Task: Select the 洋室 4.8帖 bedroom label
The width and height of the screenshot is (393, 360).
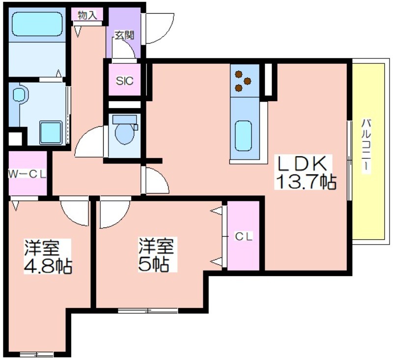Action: pyautogui.click(x=48, y=256)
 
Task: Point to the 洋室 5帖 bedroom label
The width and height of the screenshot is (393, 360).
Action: pyautogui.click(x=157, y=255)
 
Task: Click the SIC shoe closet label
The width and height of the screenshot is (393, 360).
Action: pyautogui.click(x=125, y=81)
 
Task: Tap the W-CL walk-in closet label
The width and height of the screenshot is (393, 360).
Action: pyautogui.click(x=28, y=174)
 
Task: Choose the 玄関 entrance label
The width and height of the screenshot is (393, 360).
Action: pyautogui.click(x=124, y=35)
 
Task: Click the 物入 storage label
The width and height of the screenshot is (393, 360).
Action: pyautogui.click(x=87, y=15)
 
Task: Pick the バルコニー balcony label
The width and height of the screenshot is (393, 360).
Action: pyautogui.click(x=366, y=145)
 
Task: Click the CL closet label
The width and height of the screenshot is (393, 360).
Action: pyautogui.click(x=244, y=236)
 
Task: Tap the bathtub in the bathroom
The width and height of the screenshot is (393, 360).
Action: pyautogui.click(x=37, y=24)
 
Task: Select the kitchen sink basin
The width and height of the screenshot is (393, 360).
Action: pyautogui.click(x=243, y=136)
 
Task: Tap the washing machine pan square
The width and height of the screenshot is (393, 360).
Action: pyautogui.click(x=51, y=133)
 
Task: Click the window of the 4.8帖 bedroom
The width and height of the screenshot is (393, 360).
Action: pyautogui.click(x=36, y=355)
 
